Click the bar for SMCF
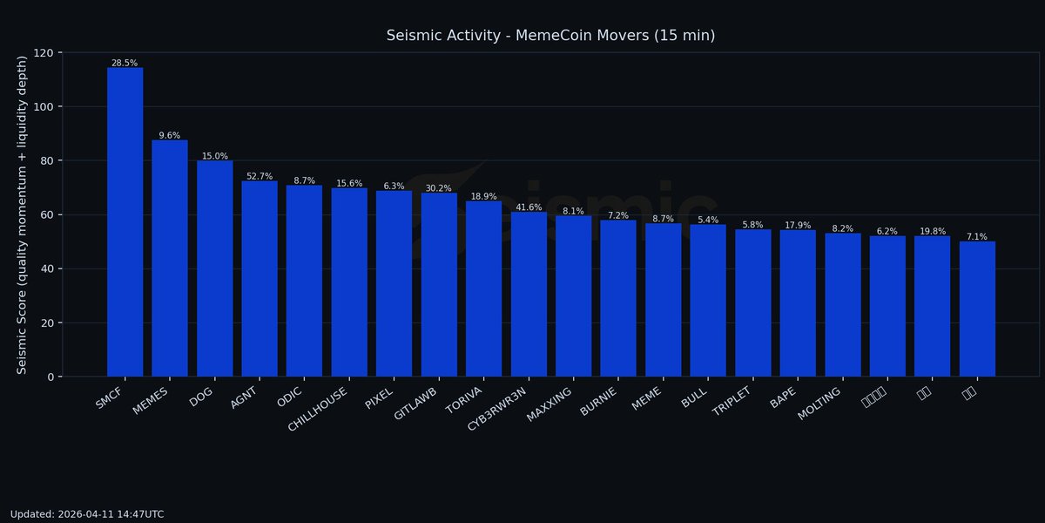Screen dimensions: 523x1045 pos(125,222)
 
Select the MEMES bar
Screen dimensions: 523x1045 pos(170,258)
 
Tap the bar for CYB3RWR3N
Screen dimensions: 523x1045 pos(529,295)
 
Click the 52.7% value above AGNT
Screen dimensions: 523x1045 pos(260,176)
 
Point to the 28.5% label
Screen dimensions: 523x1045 pos(125,63)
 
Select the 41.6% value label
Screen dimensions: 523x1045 pos(529,207)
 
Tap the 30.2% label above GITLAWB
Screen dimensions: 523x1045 pos(439,188)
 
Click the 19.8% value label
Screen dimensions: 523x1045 pos(932,231)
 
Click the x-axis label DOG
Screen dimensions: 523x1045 pos(202,397)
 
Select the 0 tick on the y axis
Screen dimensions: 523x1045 pos(50,377)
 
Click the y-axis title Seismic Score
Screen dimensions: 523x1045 pos(23,214)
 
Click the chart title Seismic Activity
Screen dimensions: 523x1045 pos(550,36)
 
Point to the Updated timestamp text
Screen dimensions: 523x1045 pos(87,514)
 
